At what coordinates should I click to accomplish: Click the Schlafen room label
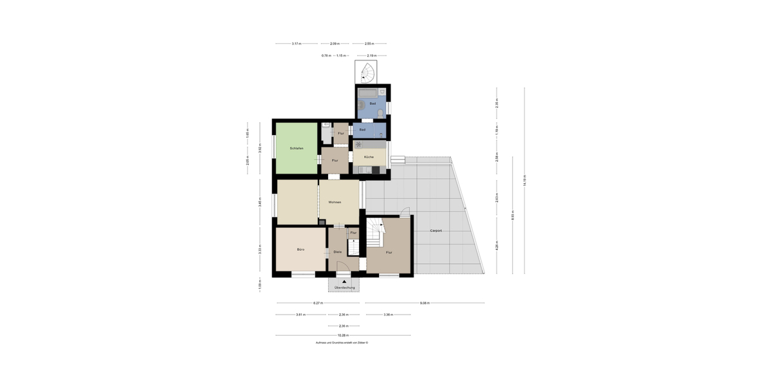(297, 148)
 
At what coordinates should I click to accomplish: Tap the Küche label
(369, 157)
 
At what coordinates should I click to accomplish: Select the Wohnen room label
(335, 202)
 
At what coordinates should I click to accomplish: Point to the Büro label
(300, 249)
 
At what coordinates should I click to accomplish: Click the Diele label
(337, 252)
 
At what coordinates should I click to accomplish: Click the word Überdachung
(344, 288)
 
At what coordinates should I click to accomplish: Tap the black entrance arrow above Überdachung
(344, 281)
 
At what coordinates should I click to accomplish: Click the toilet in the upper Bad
(380, 113)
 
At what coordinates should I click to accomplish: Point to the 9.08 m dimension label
(424, 302)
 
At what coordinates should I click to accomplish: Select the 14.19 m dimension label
(525, 181)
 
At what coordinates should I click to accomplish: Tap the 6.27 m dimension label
(318, 302)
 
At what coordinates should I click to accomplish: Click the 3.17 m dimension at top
(296, 44)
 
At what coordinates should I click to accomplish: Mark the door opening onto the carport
(404, 213)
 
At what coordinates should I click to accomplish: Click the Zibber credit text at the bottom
(342, 343)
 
